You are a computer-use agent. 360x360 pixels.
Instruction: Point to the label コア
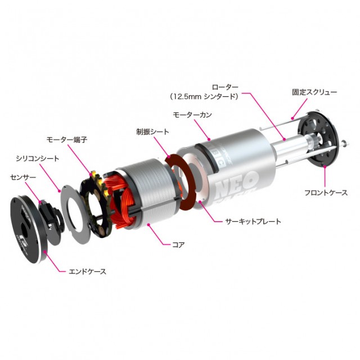178,245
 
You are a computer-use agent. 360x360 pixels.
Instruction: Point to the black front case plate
321,141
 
